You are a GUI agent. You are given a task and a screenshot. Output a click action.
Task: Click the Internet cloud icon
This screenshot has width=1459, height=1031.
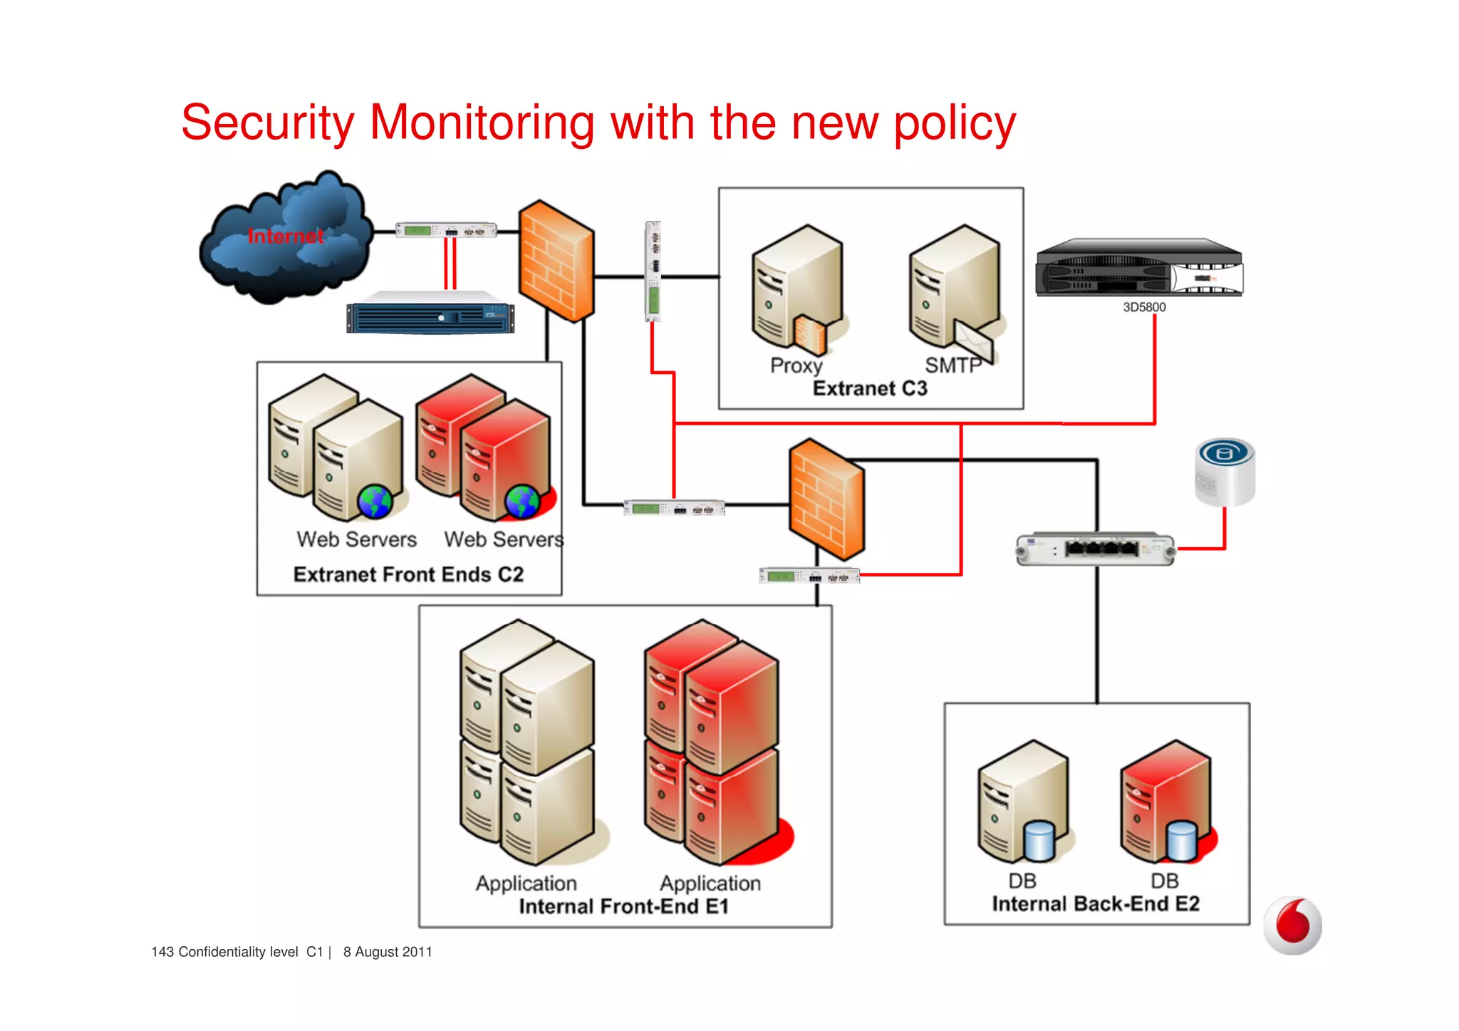click(285, 239)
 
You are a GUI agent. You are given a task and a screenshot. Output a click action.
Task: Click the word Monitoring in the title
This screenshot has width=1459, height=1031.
click(482, 123)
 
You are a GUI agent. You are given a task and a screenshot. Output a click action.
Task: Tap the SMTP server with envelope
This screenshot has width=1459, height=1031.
click(955, 289)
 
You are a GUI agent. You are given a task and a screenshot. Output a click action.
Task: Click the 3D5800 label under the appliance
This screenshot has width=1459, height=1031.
click(1144, 307)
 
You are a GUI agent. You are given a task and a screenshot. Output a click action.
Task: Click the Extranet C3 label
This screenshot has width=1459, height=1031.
click(870, 388)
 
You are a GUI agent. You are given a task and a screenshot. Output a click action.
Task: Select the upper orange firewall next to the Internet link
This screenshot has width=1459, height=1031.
click(556, 260)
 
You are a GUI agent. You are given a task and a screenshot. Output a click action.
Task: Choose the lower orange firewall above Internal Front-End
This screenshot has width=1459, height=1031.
click(826, 499)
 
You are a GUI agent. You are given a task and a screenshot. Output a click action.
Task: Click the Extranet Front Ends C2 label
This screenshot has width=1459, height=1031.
click(408, 574)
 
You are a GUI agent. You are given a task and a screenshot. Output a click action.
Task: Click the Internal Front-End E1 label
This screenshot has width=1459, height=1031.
click(623, 906)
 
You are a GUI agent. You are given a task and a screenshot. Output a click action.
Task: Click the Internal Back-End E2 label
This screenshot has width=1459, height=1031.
click(1096, 903)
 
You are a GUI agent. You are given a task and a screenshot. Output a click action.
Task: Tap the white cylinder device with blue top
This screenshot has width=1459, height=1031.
click(1225, 472)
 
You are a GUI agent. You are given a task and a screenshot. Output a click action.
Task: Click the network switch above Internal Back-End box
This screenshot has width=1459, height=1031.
click(1096, 549)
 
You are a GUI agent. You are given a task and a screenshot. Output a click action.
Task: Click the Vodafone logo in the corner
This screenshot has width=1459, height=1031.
click(1292, 925)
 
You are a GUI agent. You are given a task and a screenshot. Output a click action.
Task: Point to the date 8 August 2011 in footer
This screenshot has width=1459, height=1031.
click(388, 952)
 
